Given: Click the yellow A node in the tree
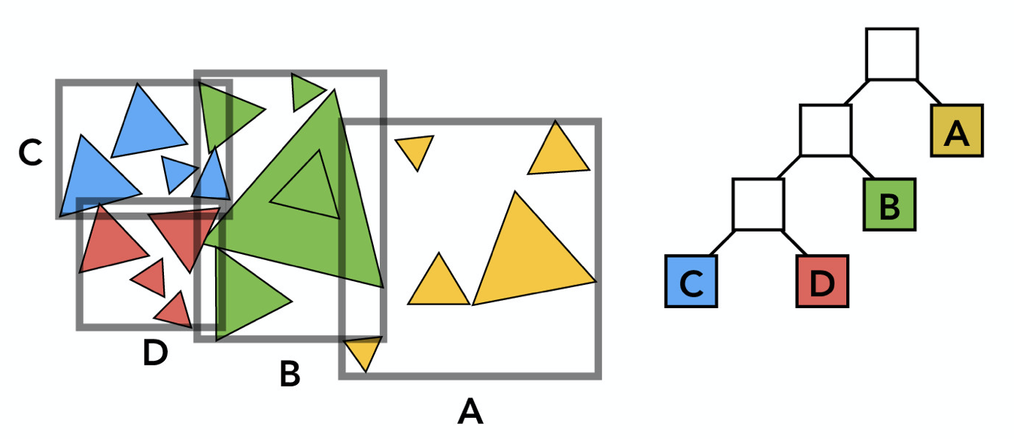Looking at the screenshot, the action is (x=957, y=131).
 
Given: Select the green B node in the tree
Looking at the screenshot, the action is (x=889, y=204).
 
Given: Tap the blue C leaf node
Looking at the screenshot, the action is (x=691, y=281).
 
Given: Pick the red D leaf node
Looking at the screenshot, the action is (x=822, y=281).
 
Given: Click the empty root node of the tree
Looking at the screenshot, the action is (x=892, y=54).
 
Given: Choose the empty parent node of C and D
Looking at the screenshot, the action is (x=758, y=204).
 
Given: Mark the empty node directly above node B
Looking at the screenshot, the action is (x=826, y=130).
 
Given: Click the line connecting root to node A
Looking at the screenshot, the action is (x=929, y=92).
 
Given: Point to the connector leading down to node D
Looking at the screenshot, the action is (x=794, y=243).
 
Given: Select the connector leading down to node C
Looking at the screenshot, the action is (x=722, y=243).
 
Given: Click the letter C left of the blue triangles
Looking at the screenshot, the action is (x=30, y=152).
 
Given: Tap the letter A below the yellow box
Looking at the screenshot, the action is (x=470, y=411).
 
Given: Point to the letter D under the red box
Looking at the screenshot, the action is (x=155, y=353).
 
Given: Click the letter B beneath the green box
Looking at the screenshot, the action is (x=290, y=374).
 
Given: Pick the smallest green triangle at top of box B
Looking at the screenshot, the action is (x=303, y=92).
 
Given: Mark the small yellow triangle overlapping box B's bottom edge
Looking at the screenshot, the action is (x=363, y=351).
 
